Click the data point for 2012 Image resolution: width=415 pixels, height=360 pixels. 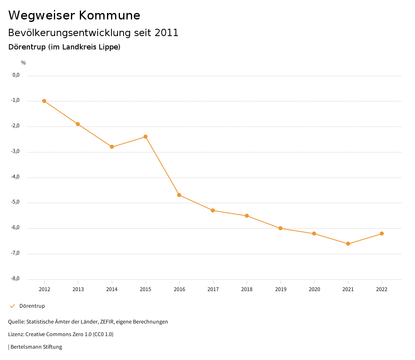[x=44, y=101]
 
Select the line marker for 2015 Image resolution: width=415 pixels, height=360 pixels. [x=145, y=137]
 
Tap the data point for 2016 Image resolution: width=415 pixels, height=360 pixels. [x=179, y=195]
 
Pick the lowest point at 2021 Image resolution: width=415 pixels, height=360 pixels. [x=348, y=244]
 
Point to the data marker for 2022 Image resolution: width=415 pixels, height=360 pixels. [x=382, y=234]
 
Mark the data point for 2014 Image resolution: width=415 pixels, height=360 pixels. [x=112, y=147]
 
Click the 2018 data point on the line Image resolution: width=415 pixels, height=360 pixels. [x=247, y=216]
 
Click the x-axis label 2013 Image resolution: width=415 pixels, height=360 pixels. [x=78, y=289]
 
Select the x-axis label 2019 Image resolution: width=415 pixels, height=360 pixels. [x=280, y=289]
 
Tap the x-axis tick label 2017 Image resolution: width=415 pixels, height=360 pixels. [x=213, y=289]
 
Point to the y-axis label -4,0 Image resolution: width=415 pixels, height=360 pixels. [x=16, y=177]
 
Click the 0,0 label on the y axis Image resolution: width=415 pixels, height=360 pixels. [x=16, y=75]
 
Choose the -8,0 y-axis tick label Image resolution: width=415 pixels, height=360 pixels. [x=16, y=279]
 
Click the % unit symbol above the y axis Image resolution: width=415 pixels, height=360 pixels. [x=24, y=63]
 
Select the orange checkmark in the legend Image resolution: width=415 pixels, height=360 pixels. [x=12, y=306]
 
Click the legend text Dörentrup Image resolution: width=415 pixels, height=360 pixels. [x=32, y=306]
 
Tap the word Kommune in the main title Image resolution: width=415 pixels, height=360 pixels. [x=109, y=15]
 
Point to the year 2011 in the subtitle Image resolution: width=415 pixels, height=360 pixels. [x=167, y=33]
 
